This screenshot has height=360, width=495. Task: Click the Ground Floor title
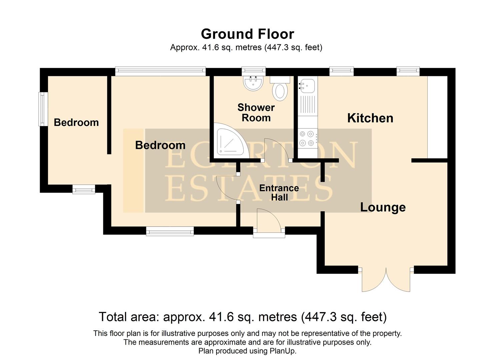point(247,34)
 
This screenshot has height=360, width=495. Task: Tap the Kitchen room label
point(370,118)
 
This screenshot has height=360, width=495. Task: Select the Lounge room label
point(383,207)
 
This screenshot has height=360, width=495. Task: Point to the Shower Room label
point(256,112)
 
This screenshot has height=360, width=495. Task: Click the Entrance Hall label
point(279,193)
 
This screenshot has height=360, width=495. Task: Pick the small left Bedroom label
point(76,122)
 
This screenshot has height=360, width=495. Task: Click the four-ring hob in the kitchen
point(307,138)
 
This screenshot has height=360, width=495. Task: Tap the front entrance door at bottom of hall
point(268,220)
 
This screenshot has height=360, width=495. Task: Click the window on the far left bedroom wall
point(42,109)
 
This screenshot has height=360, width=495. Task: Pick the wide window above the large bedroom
point(160,70)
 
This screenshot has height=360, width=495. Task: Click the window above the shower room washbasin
point(253,70)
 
